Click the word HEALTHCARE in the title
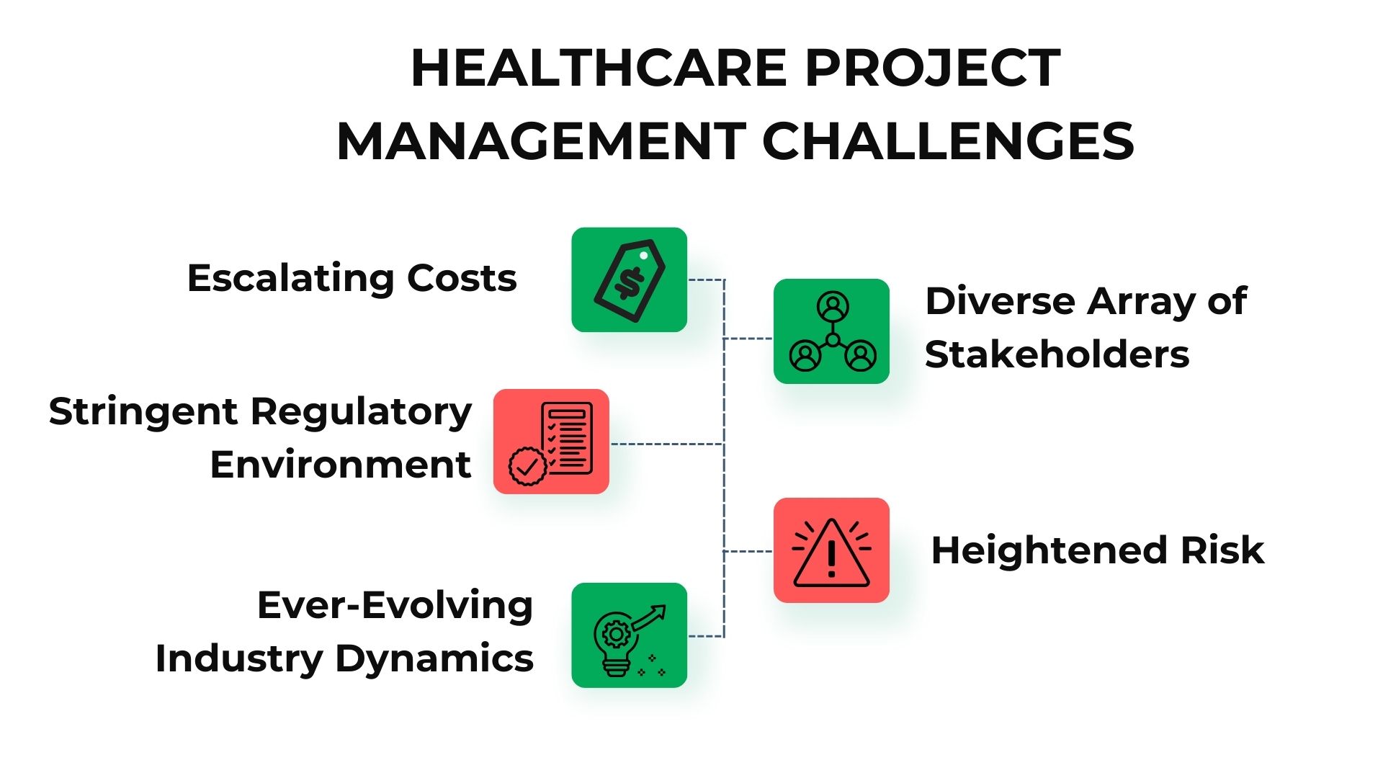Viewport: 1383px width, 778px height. (599, 68)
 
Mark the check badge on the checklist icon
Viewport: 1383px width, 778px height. (527, 467)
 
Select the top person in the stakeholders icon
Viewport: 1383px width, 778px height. (833, 307)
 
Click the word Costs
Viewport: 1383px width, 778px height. (462, 278)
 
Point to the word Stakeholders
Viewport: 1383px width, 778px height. (1057, 354)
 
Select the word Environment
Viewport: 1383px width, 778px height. (341, 465)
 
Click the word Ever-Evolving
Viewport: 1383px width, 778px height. (395, 606)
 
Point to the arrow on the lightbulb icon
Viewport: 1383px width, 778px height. (649, 617)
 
